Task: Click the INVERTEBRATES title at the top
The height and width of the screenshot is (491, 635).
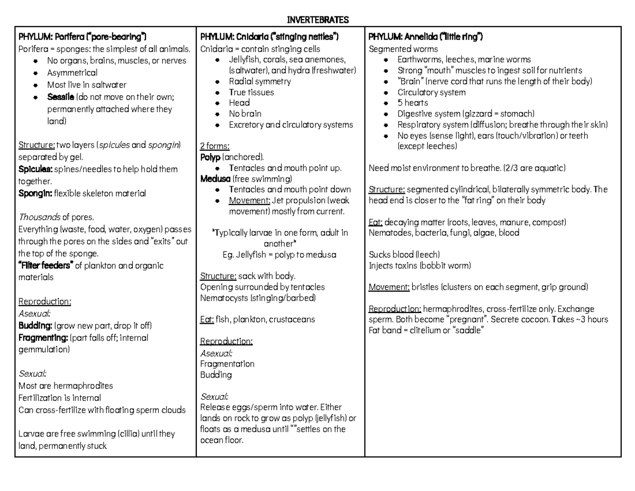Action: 317,20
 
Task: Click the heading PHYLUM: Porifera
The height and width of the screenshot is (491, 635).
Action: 82,37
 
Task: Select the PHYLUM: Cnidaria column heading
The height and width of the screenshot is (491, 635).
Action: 269,37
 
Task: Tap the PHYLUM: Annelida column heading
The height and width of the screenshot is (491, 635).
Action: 425,37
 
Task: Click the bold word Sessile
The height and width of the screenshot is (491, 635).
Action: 60,97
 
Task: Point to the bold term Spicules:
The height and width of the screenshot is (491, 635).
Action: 35,169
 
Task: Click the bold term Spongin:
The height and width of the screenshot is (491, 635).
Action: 35,193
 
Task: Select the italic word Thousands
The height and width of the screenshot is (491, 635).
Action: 39,217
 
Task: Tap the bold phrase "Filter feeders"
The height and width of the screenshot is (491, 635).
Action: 46,265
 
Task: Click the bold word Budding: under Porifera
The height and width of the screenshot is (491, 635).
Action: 35,325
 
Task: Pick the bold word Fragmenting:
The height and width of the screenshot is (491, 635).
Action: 42,337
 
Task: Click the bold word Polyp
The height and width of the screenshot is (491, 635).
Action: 211,157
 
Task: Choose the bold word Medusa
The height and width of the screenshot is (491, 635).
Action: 215,178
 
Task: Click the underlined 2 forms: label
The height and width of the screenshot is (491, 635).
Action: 215,146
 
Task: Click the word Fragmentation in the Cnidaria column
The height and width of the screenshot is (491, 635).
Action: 227,364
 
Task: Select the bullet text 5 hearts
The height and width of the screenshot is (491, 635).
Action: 413,103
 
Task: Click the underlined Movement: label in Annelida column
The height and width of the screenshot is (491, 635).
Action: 389,287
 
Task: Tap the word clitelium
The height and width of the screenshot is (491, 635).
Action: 427,331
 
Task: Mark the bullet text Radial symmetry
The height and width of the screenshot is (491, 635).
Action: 260,82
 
